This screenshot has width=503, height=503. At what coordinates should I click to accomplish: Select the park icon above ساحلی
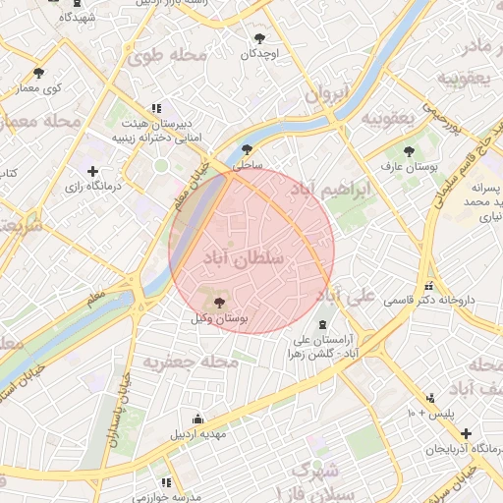tap(246, 150)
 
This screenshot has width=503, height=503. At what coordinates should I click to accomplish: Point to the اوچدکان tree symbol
tap(259, 38)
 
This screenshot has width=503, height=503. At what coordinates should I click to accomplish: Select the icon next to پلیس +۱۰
tap(429, 398)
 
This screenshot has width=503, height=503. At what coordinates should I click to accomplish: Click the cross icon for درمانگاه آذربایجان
tap(466, 433)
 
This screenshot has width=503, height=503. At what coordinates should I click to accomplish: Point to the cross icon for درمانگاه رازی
tap(92, 172)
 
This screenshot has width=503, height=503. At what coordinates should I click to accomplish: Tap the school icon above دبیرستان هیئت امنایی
tap(155, 109)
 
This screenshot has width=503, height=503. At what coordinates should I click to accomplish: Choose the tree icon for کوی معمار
tap(38, 73)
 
